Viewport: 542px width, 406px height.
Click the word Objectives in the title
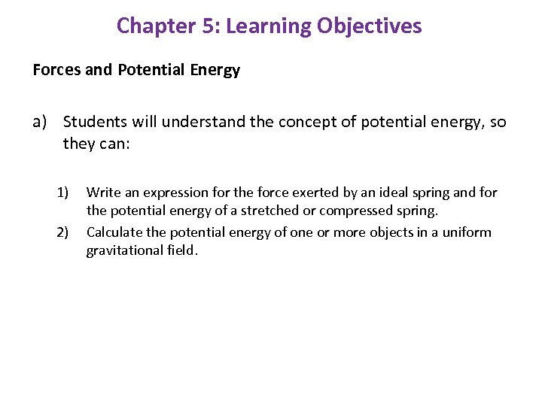[370, 26]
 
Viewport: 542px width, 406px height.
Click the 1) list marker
[64, 193]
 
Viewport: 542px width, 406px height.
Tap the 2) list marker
[64, 232]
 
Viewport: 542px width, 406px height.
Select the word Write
[102, 193]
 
